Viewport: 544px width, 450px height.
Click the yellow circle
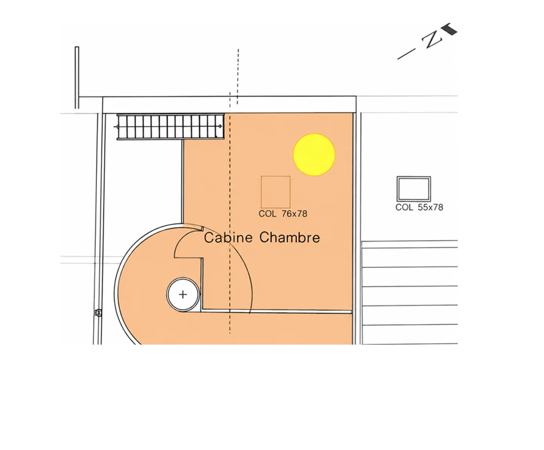[x=314, y=155]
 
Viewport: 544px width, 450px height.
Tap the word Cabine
[x=228, y=237]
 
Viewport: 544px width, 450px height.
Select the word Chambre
[x=290, y=237]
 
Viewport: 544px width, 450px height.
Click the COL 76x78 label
[x=283, y=214]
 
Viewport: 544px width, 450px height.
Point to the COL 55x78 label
[x=419, y=207]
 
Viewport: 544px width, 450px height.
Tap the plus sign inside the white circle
[x=183, y=294]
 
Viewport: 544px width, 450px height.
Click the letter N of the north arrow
[x=432, y=40]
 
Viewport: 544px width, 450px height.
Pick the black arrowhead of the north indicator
[x=450, y=29]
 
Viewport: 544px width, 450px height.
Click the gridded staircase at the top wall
[x=170, y=126]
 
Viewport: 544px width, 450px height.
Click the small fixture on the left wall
[x=98, y=313]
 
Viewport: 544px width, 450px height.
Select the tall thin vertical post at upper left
[x=77, y=78]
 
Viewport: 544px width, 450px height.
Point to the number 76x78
[x=295, y=214]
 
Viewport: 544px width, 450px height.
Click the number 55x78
[x=430, y=207]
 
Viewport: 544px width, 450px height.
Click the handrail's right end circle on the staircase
[x=220, y=126]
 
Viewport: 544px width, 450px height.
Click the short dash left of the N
[x=406, y=54]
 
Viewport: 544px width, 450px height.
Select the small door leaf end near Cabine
[x=202, y=229]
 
